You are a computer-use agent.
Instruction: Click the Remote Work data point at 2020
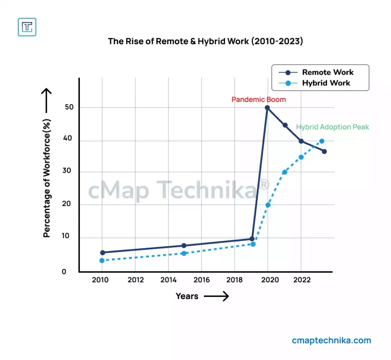[x=267, y=108]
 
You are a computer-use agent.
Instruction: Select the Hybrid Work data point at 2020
[x=268, y=205]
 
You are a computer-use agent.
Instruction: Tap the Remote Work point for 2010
[x=102, y=252]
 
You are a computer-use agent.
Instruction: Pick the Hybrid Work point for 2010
[x=102, y=260]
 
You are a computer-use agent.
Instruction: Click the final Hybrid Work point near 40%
[x=322, y=141]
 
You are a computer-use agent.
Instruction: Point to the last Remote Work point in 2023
[x=324, y=151]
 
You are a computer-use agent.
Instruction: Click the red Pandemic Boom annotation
[x=259, y=100]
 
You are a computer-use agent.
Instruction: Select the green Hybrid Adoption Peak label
[x=333, y=127]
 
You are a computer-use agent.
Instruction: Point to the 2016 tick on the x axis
[x=202, y=280]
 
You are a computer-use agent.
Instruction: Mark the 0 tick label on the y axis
[x=64, y=272]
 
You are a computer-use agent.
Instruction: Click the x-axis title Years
[x=187, y=296]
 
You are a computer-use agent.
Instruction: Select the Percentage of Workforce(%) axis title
[x=47, y=178]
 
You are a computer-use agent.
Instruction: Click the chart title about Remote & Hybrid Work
[x=205, y=41]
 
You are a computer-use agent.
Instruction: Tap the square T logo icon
[x=27, y=27]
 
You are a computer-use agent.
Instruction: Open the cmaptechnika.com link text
[x=331, y=340]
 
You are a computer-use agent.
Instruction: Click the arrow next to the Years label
[x=216, y=296]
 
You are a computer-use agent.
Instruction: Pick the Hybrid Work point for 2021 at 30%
[x=284, y=172]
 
